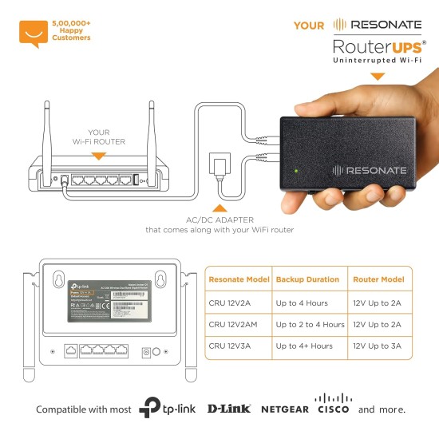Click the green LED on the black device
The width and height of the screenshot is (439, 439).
click(x=297, y=170)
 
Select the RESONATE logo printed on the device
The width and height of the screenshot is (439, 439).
click(x=370, y=170)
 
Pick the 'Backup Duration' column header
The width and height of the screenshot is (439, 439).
click(x=307, y=280)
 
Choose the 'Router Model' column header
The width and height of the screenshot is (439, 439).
click(x=378, y=280)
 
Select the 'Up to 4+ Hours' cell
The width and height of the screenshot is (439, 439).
click(x=304, y=346)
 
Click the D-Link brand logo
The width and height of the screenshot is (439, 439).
click(x=229, y=409)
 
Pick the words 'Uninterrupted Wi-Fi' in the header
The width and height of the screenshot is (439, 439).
click(x=378, y=61)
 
